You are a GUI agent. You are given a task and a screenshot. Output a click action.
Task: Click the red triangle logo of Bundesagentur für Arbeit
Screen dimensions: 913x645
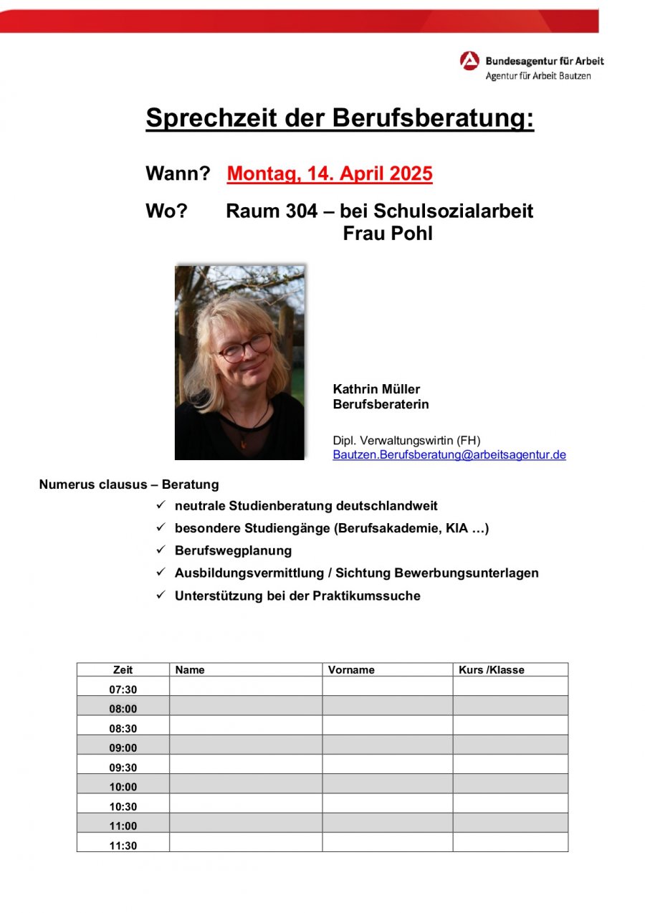click(469, 61)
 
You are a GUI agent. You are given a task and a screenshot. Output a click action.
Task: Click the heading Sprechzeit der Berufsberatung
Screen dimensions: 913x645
click(340, 118)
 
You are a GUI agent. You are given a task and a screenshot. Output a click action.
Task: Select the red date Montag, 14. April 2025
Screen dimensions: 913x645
click(330, 174)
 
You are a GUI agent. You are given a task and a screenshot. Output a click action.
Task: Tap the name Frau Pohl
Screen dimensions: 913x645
click(388, 234)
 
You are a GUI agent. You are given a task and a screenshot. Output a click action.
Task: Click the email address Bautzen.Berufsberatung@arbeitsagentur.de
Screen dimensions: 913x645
click(449, 454)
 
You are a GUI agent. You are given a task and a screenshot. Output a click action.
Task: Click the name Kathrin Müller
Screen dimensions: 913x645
click(376, 389)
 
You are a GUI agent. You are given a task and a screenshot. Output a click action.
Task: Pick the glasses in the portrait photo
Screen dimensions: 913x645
click(244, 348)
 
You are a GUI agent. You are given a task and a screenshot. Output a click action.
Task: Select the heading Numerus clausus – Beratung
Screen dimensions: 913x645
click(129, 484)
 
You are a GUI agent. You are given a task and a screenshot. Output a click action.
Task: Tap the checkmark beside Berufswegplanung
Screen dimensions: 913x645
click(161, 550)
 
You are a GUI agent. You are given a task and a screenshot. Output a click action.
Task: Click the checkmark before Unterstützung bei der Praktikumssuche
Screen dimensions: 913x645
click(161, 595)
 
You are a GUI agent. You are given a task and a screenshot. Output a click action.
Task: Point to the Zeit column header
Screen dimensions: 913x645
click(123, 670)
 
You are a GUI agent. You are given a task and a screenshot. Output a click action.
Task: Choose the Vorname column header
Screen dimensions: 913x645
click(351, 670)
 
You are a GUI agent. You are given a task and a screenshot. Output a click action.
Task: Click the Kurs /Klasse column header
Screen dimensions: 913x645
click(492, 670)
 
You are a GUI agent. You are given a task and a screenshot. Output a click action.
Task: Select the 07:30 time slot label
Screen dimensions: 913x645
click(123, 689)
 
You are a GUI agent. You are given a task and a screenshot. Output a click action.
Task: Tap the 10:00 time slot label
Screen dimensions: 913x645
click(123, 787)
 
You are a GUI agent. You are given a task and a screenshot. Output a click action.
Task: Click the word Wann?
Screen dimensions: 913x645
click(178, 174)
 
